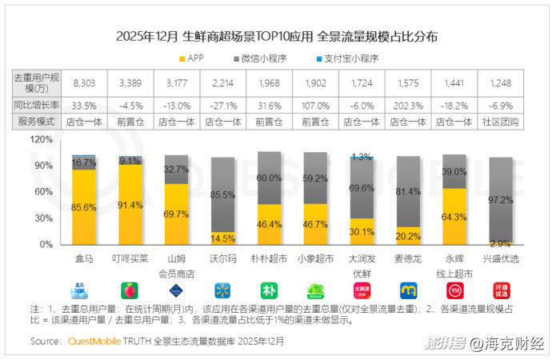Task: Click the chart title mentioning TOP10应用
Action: point(277,37)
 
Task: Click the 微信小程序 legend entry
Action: point(261,58)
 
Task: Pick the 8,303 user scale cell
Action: point(84,82)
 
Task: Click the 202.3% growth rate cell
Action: point(408,104)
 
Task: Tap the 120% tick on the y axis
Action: point(42,138)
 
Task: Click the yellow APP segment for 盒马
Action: point(84,206)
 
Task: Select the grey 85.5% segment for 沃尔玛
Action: point(223,194)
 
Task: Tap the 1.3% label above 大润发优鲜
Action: point(362,157)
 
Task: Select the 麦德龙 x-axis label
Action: point(408,259)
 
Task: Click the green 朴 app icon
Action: point(270,290)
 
